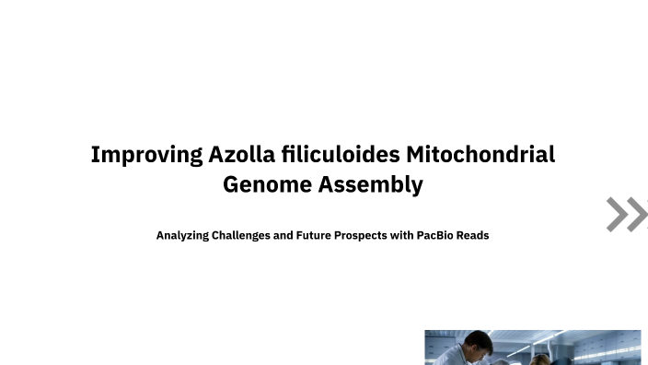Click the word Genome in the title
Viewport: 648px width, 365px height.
pyautogui.click(x=267, y=184)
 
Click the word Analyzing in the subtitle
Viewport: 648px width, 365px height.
pyautogui.click(x=181, y=235)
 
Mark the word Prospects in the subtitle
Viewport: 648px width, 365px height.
pyautogui.click(x=367, y=235)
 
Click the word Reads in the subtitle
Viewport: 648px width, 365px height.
pyautogui.click(x=474, y=235)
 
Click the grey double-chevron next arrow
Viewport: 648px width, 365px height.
pyautogui.click(x=627, y=214)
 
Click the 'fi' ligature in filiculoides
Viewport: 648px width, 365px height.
pyautogui.click(x=291, y=154)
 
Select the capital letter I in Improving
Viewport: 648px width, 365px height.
pyautogui.click(x=95, y=154)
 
